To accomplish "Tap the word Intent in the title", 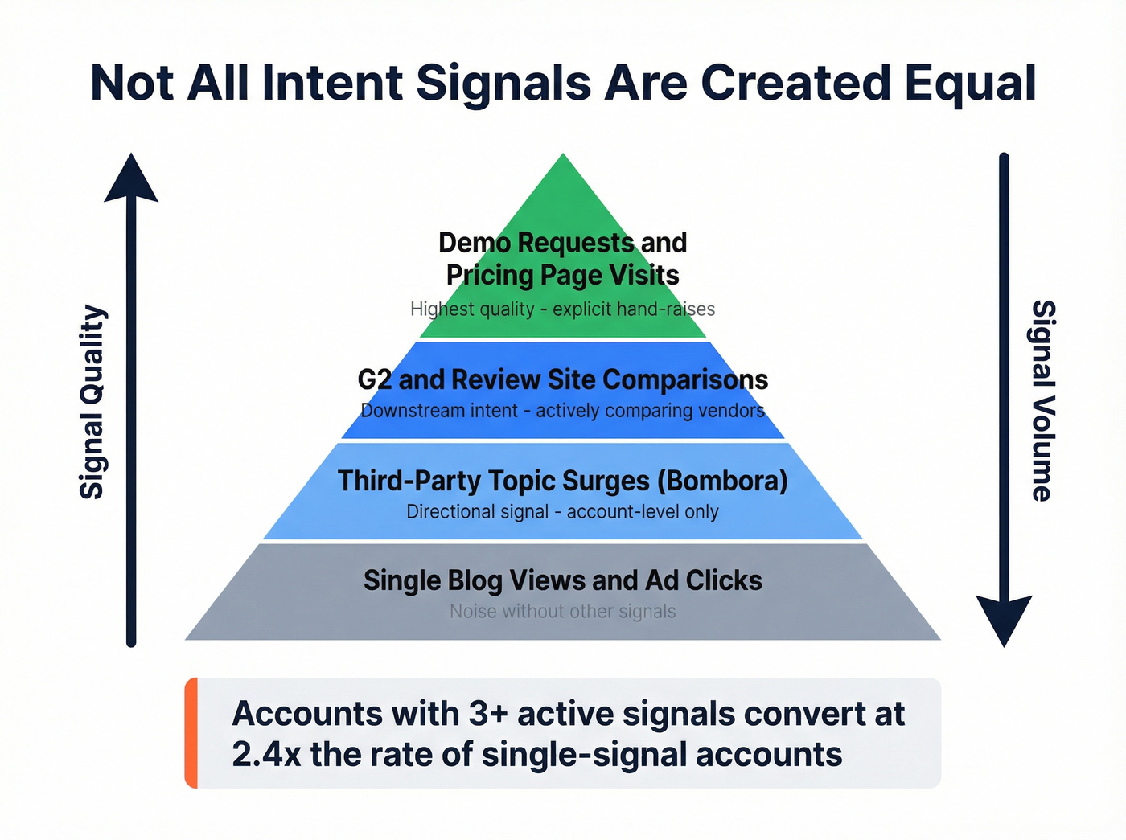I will coord(332,84).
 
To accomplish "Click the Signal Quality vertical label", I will coord(92,402).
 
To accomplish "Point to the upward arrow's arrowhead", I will coord(131,178).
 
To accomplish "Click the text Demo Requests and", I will coord(562,242).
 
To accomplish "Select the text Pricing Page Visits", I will coord(562,275).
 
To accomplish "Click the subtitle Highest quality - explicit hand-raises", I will coord(562,309).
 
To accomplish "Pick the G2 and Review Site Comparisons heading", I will coord(562,379).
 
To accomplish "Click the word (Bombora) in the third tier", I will coord(722,481).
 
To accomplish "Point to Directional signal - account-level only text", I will coord(562,512).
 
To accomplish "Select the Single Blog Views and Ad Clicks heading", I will coord(562,580).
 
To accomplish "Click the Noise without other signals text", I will coord(562,612).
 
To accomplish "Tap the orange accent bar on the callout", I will coord(191,732).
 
